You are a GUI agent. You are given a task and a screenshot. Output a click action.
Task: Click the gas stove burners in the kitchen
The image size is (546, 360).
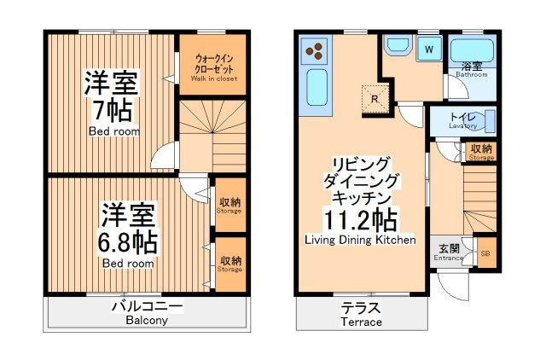pos(315,51)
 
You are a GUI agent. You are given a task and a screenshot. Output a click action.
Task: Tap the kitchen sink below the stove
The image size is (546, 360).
pos(317,87)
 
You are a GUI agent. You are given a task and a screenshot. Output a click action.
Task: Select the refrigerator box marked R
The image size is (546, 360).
pos(375,99)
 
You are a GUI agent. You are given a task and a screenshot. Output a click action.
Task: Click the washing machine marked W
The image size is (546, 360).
pos(429,49)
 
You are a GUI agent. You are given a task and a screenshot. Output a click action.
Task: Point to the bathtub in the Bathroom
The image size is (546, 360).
pos(472,51)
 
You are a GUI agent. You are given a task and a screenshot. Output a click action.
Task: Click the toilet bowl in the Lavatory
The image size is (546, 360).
pos(486,121)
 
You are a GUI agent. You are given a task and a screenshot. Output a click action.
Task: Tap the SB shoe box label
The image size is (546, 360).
pos(485,253)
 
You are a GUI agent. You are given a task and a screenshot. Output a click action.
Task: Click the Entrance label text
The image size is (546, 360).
pos(448,258)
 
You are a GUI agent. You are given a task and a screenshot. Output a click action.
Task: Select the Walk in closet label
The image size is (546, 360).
pos(214,78)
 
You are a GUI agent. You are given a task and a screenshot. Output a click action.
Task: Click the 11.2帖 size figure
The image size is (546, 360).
pos(360,220)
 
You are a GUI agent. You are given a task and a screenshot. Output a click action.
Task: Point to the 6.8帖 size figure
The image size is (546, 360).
pos(127,242)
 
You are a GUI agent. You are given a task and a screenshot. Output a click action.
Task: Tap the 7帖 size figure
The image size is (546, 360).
pos(112,110)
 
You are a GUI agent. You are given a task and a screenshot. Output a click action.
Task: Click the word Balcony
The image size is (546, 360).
pos(147,320)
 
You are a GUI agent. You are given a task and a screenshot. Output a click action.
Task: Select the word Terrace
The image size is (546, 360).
pos(361,322)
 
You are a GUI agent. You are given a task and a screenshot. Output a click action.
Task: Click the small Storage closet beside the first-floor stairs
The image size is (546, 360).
pos(481,152)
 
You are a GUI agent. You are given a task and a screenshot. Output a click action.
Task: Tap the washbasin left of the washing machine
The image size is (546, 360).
pos(398,45)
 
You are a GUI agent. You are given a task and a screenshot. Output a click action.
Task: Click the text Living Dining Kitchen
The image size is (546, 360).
pos(360,240)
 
